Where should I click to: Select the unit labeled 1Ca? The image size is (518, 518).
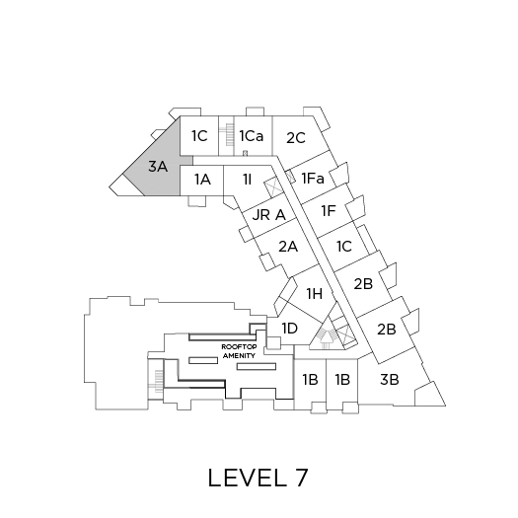pyautogui.click(x=252, y=136)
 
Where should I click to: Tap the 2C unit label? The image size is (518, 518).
pyautogui.click(x=296, y=138)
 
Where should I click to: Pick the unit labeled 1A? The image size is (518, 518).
pyautogui.click(x=202, y=180)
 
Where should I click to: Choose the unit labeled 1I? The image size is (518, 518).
pyautogui.click(x=247, y=180)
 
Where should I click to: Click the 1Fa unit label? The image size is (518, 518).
pyautogui.click(x=313, y=179)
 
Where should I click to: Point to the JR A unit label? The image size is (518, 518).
pyautogui.click(x=268, y=215)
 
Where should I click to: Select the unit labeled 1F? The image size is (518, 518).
pyautogui.click(x=329, y=211)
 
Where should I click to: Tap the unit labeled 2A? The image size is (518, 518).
pyautogui.click(x=288, y=247)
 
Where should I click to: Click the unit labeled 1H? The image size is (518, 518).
pyautogui.click(x=315, y=293)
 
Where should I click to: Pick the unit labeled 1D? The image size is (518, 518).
pyautogui.click(x=290, y=329)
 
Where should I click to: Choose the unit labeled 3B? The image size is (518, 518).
pyautogui.click(x=390, y=380)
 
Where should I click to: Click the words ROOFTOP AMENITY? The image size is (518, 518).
pyautogui.click(x=239, y=351)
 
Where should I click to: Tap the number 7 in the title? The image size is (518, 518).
pyautogui.click(x=301, y=478)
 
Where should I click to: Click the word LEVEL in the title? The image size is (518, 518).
pyautogui.click(x=248, y=478)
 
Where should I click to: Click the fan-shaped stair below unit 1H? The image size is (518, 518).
pyautogui.click(x=327, y=336)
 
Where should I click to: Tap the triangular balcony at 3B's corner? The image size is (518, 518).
pyautogui.click(x=429, y=396)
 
